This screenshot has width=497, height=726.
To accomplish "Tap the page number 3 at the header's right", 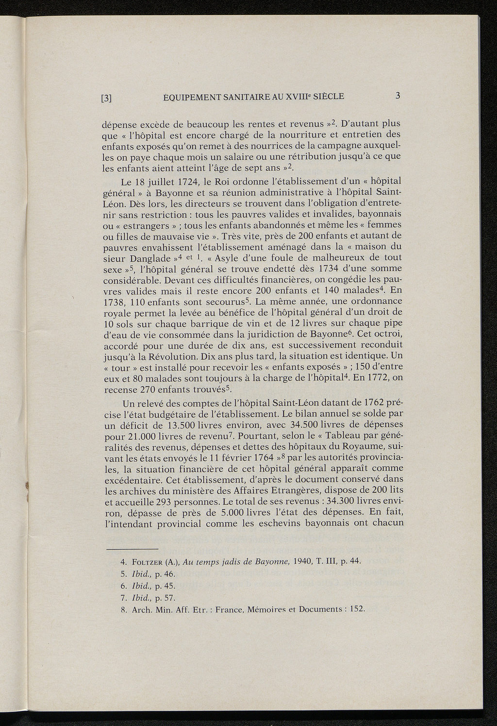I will [x=398, y=96].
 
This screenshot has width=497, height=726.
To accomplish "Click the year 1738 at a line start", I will [x=116, y=302].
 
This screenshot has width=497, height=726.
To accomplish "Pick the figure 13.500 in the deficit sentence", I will [x=184, y=425].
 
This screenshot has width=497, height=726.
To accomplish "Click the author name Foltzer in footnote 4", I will [x=148, y=562].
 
